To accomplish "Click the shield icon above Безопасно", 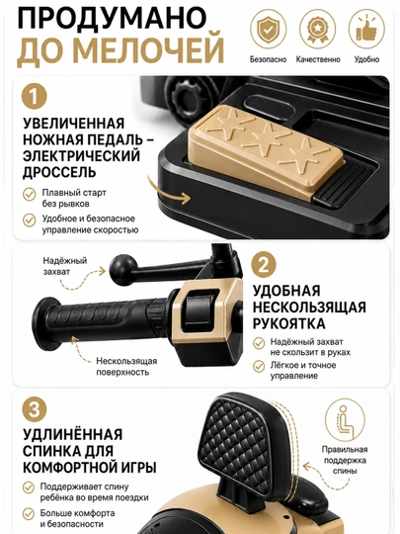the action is tap(268, 29).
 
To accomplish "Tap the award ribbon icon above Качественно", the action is tap(317, 29).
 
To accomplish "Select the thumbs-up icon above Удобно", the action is tap(366, 29).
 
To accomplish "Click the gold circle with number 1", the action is tap(34, 96).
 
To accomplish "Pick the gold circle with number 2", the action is tap(264, 265).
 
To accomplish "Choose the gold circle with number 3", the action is tap(34, 409).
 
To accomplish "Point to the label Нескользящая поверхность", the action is tap(126, 367).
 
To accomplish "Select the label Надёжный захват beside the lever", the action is tap(64, 266).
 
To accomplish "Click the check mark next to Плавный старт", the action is tap(30, 195).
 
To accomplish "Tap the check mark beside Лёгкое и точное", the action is tap(259, 367).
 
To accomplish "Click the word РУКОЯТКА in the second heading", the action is tap(289, 323).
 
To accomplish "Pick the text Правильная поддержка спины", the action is tap(345, 461).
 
